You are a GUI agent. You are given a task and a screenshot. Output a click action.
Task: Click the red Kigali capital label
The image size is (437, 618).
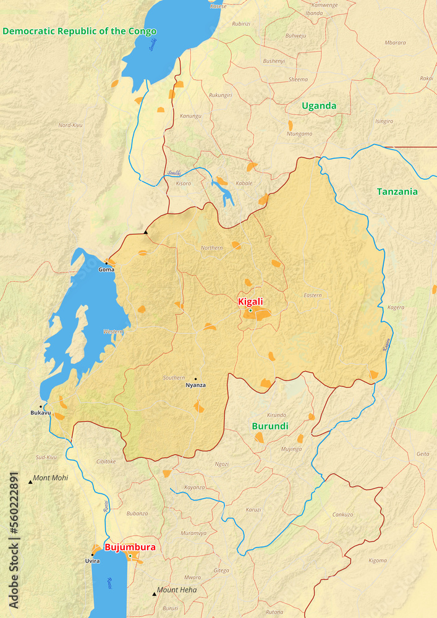tap(250, 302)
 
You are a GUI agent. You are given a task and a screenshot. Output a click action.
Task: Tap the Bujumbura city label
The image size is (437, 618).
tap(130, 547)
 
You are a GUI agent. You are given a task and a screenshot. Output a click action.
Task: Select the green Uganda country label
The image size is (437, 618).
tap(319, 106)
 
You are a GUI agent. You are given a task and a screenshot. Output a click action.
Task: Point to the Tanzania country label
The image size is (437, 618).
tap(397, 192)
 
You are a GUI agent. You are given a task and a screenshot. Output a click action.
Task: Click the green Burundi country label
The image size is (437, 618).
tap(270, 426)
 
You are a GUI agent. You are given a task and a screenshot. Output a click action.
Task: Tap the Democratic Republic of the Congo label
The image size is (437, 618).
tap(79, 31)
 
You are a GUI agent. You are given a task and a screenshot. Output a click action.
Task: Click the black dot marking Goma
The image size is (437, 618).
tap(106, 263)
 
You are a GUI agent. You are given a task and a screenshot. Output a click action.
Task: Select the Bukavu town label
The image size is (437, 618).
tap(41, 413)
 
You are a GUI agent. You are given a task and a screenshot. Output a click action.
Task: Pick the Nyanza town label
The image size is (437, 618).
tap(196, 386)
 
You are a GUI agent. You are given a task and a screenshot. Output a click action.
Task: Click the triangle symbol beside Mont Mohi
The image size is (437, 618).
tap(30, 481)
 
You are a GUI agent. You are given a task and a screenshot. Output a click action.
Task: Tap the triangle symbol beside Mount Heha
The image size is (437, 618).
tap(155, 594)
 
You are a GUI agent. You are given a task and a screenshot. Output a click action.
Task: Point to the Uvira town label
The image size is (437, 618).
tap(92, 561)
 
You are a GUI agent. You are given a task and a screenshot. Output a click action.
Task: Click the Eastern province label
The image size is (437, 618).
tap(313, 295)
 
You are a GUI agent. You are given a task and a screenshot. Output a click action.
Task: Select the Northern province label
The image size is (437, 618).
tap(211, 248)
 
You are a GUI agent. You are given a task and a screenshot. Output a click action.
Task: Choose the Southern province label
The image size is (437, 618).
tap(174, 378)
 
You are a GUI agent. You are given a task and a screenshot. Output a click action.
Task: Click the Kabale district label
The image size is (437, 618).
tap(244, 184)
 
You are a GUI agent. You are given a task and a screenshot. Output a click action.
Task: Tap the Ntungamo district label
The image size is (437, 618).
tap(300, 133)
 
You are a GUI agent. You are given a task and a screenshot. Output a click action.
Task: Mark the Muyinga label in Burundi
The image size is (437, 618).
tap(291, 449)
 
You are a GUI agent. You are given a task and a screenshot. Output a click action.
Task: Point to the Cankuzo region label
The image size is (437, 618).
tap(342, 514)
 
